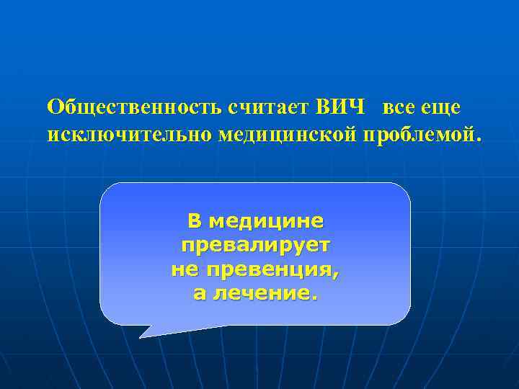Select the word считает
pos(269,107)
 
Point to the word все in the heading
pos(399,107)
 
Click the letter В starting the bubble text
pos(194,220)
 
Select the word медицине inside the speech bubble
pos(265,220)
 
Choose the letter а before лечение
pos(199,295)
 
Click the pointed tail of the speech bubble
pos(142,335)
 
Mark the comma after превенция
pos(336,276)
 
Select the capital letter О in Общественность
pos(54,107)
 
